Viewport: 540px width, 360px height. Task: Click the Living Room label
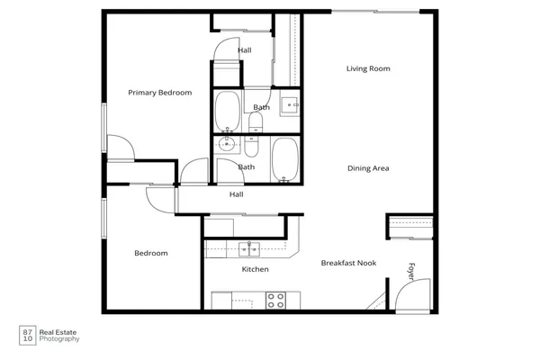368,68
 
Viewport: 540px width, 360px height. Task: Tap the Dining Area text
368,168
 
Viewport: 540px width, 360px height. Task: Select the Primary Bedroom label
159,93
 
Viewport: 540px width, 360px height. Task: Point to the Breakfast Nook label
349,263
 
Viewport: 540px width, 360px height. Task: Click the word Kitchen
256,269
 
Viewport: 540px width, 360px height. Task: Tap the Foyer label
411,270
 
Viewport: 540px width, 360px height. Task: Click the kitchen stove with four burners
276,299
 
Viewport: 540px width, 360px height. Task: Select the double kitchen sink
249,248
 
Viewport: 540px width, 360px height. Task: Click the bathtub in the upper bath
227,112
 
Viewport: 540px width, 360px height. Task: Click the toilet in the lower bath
251,145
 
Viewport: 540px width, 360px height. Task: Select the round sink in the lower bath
227,143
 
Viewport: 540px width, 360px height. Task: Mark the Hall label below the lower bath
237,194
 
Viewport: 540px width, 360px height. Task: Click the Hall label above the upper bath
245,50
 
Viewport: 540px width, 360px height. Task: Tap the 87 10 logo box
27,335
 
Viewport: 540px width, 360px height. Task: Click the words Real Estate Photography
60,336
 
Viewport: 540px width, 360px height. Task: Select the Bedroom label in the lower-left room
151,253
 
